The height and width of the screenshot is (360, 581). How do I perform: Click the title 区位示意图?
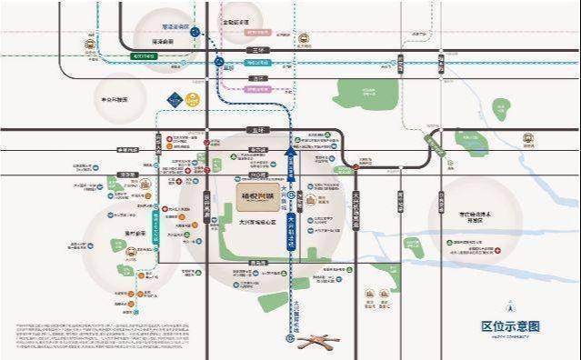pyautogui.click(x=510, y=326)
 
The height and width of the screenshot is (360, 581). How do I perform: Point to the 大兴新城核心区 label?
pyautogui.click(x=256, y=220)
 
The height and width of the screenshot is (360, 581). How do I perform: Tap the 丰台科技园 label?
pyautogui.click(x=113, y=99)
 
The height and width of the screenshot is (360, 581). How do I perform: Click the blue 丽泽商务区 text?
pyautogui.click(x=175, y=27)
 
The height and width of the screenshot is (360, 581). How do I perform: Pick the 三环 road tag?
pyautogui.click(x=257, y=49)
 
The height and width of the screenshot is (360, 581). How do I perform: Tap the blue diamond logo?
pyautogui.click(x=175, y=98)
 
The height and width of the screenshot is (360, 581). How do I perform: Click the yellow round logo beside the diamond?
pyautogui.click(x=193, y=98)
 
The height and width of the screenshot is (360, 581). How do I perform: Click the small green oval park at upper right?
pyautogui.click(x=497, y=110)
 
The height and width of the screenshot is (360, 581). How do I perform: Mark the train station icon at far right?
pyautogui.click(x=528, y=140)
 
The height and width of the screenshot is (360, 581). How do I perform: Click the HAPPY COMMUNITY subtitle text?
pyautogui.click(x=510, y=337)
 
